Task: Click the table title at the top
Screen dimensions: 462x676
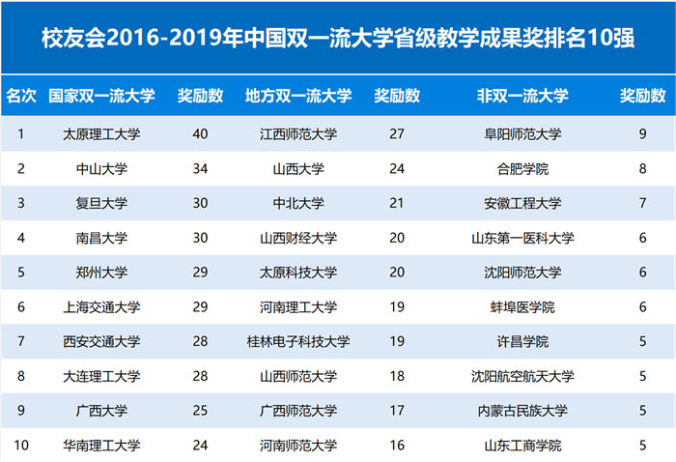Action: tap(338, 38)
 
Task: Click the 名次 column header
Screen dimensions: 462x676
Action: tap(21, 97)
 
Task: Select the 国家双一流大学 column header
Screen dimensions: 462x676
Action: tap(101, 97)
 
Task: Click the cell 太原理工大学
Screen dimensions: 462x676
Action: tap(101, 133)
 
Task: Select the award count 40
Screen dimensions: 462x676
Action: tap(200, 133)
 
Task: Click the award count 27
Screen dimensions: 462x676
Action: tap(396, 133)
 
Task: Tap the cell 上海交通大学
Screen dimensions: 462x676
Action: tap(101, 307)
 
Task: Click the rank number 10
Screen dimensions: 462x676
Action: tap(21, 446)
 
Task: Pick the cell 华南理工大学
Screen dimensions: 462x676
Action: tap(101, 446)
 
